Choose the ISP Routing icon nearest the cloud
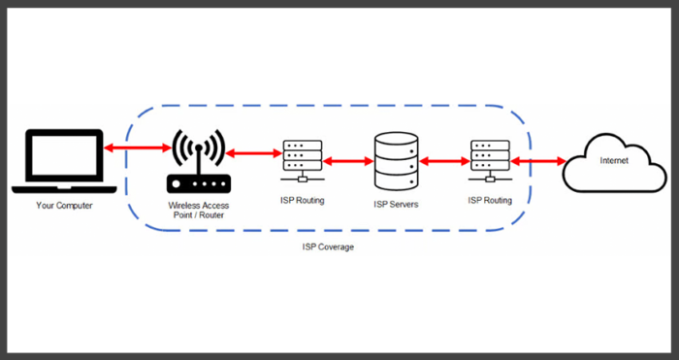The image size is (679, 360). (489, 160)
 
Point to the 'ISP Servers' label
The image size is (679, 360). (396, 206)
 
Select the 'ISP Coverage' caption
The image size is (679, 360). (327, 248)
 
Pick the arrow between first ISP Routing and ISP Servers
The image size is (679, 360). (346, 159)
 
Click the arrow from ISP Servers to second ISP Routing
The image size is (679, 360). (445, 159)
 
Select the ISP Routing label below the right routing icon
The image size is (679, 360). (489, 200)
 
